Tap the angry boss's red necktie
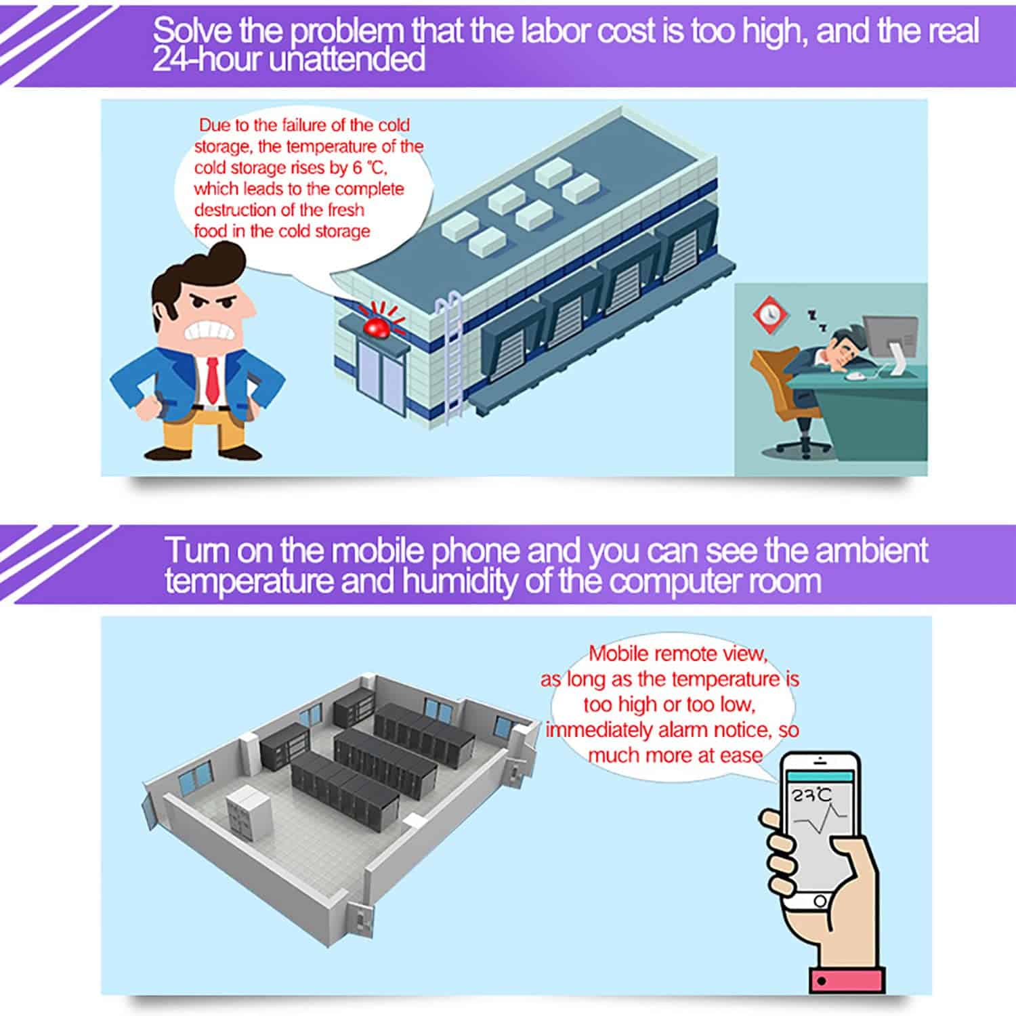pyautogui.click(x=212, y=379)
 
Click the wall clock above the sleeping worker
pyautogui.click(x=768, y=313)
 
